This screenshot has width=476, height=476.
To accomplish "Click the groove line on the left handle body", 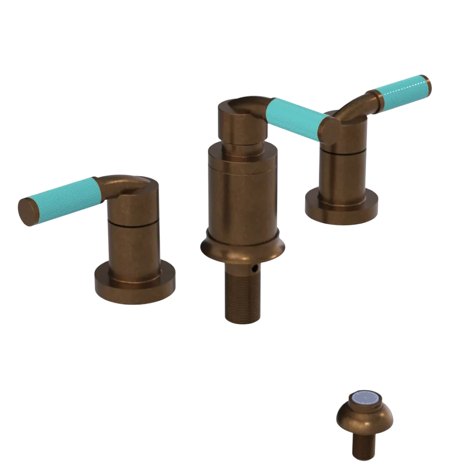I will click(132, 222).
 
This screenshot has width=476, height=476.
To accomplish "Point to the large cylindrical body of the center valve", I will click(243, 195).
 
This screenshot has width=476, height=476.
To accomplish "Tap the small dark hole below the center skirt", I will click(256, 269).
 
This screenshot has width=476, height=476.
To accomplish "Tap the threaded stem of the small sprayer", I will click(364, 447).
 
